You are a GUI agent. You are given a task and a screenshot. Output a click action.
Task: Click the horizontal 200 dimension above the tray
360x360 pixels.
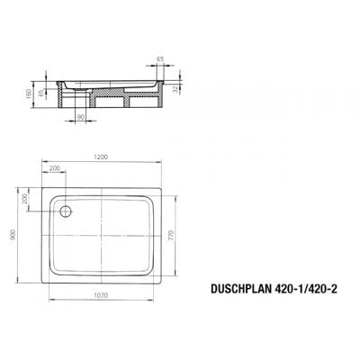[57, 168]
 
